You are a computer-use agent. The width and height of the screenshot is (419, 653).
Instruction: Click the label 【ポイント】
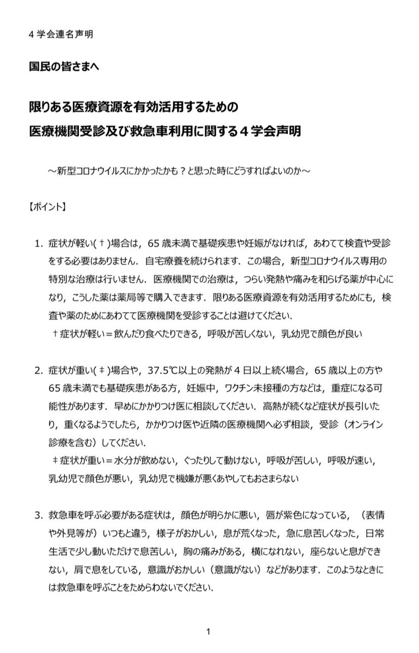(47, 207)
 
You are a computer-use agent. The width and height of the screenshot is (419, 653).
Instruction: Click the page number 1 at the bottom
(208, 631)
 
